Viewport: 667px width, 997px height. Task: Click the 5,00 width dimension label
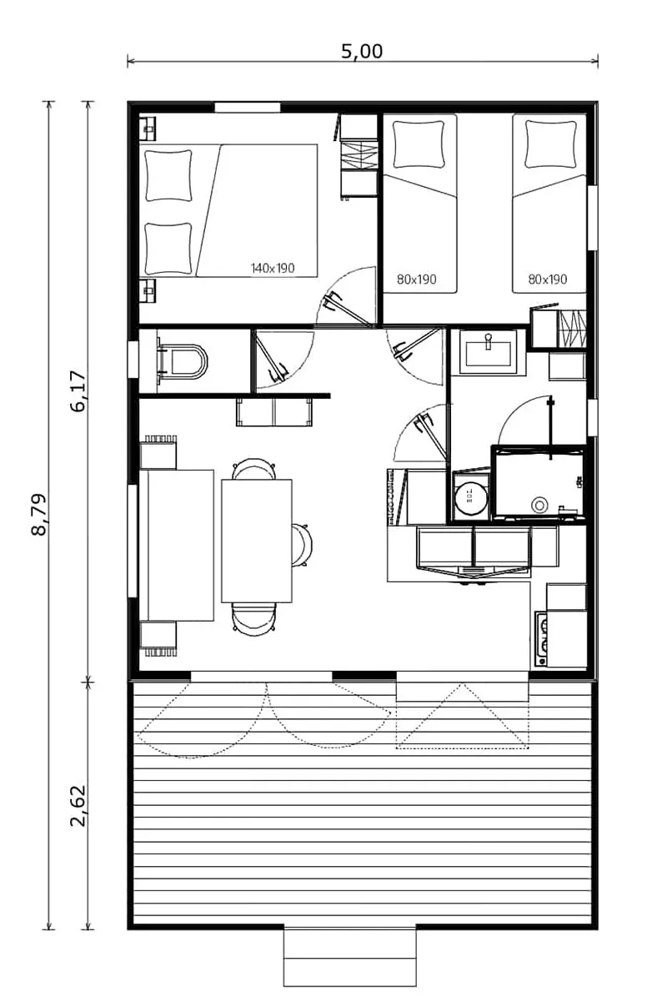[x=362, y=51]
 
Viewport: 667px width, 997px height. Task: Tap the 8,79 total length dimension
[x=38, y=515]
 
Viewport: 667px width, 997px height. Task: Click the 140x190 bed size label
[x=273, y=269]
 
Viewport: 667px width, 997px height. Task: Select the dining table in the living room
[x=257, y=540]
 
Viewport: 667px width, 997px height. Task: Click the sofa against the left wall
[x=177, y=545]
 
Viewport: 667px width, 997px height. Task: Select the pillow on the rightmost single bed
[x=551, y=144]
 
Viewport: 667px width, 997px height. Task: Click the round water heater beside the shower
[x=470, y=496]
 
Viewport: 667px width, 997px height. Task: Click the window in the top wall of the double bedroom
[x=247, y=107]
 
